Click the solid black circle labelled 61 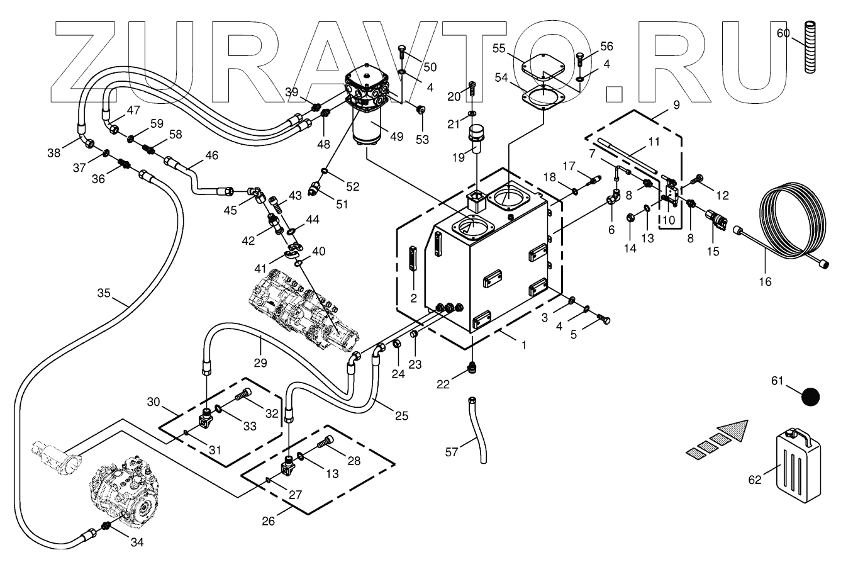point(811,398)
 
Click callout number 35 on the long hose point(104,292)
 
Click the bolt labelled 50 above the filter point(403,55)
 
